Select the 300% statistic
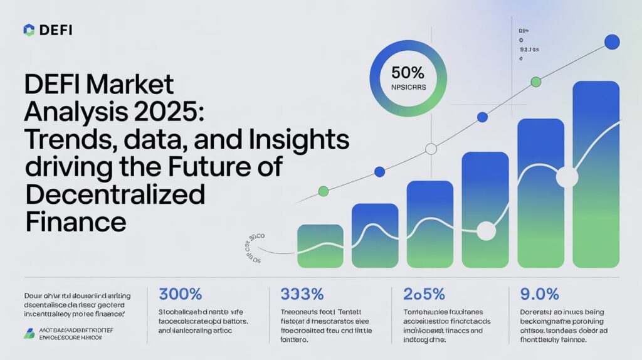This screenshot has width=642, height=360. (x=181, y=294)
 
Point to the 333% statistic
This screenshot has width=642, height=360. (x=295, y=294)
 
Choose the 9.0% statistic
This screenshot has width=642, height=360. (x=539, y=294)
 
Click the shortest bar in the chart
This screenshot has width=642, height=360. (x=320, y=246)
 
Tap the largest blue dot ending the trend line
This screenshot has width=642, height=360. (x=611, y=43)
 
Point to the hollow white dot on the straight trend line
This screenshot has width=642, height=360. (x=431, y=149)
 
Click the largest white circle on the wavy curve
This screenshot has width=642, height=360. (x=567, y=177)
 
